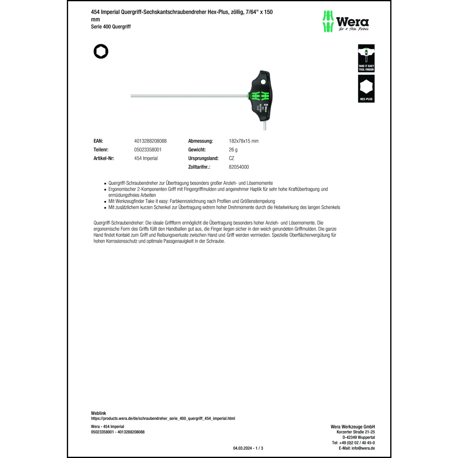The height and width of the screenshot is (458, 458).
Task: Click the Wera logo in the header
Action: click(x=346, y=21)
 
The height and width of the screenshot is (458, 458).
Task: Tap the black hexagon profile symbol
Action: click(x=101, y=52)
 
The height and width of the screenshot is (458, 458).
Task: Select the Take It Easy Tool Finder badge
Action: click(x=366, y=58)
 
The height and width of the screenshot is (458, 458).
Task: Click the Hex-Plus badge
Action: click(x=366, y=89)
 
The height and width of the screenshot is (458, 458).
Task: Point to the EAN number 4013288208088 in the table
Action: click(x=150, y=141)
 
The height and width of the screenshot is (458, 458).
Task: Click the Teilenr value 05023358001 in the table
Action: click(x=148, y=150)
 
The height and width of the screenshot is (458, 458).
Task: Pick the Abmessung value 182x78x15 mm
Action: click(x=243, y=141)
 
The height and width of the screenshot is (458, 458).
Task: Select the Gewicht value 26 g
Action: click(x=233, y=150)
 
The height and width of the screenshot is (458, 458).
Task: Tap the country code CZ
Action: click(x=231, y=158)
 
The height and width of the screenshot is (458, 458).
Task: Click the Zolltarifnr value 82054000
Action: click(x=239, y=167)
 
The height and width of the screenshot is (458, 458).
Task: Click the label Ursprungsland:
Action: click(x=203, y=158)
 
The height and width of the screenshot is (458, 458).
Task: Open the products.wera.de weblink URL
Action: click(x=163, y=419)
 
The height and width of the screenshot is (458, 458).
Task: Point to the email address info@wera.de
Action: click(x=363, y=448)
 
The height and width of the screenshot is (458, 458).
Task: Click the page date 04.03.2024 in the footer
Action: click(x=242, y=448)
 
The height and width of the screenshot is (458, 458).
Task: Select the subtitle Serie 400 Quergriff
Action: click(x=111, y=27)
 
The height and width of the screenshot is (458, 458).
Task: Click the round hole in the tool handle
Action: click(x=263, y=82)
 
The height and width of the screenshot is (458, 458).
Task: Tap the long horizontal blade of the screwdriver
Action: click(x=189, y=96)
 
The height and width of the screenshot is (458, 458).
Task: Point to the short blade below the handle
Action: click(x=265, y=125)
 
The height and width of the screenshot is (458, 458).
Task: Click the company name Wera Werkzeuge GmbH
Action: click(x=353, y=427)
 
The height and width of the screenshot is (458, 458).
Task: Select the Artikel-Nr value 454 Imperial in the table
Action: click(x=146, y=158)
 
